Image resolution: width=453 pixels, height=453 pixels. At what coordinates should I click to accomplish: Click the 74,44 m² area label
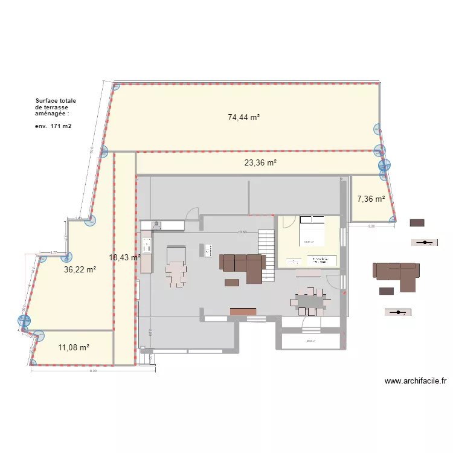tap(243, 118)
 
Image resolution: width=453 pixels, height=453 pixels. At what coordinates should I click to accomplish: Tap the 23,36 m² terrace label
tap(260, 162)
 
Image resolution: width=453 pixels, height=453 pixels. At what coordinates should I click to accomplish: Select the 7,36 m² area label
tap(371, 198)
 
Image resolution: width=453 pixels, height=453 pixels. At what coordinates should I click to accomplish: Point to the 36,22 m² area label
tap(80, 270)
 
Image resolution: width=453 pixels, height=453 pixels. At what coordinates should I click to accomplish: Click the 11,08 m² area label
tap(74, 347)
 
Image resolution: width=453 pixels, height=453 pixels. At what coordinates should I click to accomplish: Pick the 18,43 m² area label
tap(124, 257)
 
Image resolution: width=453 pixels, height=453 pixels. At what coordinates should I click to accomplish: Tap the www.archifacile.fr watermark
tap(415, 381)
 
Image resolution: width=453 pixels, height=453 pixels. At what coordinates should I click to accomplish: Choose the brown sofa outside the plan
tap(396, 273)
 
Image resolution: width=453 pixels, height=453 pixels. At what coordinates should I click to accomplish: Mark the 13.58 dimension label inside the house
tap(242, 232)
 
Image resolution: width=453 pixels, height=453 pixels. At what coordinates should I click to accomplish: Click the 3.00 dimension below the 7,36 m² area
tap(371, 226)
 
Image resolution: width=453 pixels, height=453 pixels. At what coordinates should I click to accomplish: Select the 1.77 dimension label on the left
tap(53, 253)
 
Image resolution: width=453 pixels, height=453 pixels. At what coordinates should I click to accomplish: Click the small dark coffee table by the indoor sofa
tap(232, 282)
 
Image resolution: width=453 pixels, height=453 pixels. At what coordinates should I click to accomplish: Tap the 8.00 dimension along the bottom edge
tap(93, 371)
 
